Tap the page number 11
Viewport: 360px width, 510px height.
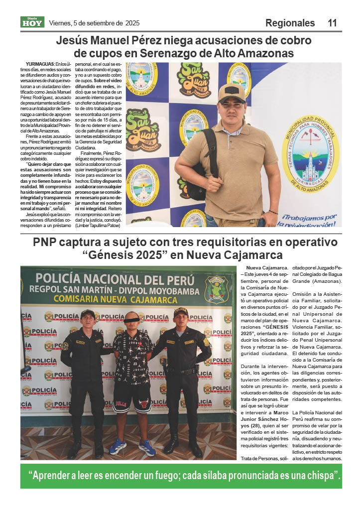point(332,23)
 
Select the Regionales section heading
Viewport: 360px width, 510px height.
point(290,23)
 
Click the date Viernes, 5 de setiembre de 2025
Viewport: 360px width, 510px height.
point(94,23)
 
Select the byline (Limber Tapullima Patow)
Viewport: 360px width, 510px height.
point(98,226)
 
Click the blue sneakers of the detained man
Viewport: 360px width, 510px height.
point(132,446)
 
